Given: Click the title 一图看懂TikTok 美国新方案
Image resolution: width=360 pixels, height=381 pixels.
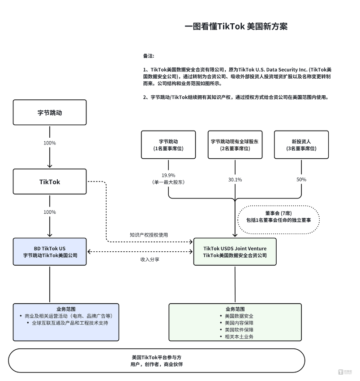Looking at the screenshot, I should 236,26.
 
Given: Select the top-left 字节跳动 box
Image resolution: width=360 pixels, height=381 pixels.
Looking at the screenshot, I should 50,112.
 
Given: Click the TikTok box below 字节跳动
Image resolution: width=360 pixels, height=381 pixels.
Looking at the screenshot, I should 50,182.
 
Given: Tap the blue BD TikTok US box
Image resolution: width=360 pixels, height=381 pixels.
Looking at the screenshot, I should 50,252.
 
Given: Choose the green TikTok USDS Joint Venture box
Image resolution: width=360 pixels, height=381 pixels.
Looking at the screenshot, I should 235,252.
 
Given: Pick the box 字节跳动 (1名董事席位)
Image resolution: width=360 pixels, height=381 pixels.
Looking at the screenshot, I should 168,144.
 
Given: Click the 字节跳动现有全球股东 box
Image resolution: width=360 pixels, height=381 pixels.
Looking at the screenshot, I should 235,144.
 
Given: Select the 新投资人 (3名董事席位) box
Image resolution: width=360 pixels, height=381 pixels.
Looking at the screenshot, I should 301,144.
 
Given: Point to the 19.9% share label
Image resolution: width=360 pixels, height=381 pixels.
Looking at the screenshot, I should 168,175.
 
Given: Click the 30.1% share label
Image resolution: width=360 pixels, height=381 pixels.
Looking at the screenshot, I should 235,180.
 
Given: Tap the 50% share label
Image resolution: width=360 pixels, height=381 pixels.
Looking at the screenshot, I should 301,179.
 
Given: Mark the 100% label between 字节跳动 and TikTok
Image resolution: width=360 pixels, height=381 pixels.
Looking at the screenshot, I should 50,143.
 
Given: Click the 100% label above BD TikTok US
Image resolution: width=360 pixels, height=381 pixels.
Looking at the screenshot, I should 50,212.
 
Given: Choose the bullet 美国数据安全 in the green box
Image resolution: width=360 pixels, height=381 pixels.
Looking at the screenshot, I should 237,316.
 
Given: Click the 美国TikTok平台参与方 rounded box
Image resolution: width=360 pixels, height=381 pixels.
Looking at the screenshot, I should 157,360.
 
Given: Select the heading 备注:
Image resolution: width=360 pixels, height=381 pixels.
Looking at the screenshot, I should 149,56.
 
